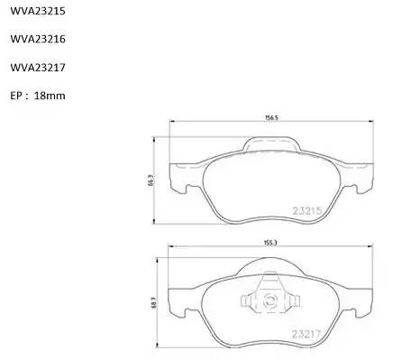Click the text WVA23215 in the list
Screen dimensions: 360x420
(36, 14)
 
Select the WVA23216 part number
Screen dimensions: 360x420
(36, 41)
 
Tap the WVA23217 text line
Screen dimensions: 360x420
(36, 68)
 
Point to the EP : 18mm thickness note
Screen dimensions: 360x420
(37, 95)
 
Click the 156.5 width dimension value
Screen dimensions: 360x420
(269, 117)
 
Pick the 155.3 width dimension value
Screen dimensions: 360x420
(269, 243)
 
